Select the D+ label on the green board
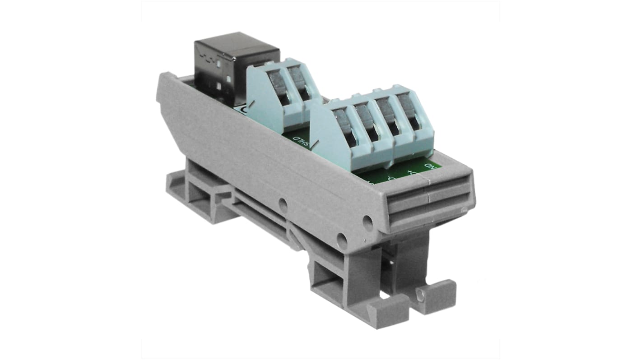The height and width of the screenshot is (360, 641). [411, 172]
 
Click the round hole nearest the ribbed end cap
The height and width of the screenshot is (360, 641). [368, 221]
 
